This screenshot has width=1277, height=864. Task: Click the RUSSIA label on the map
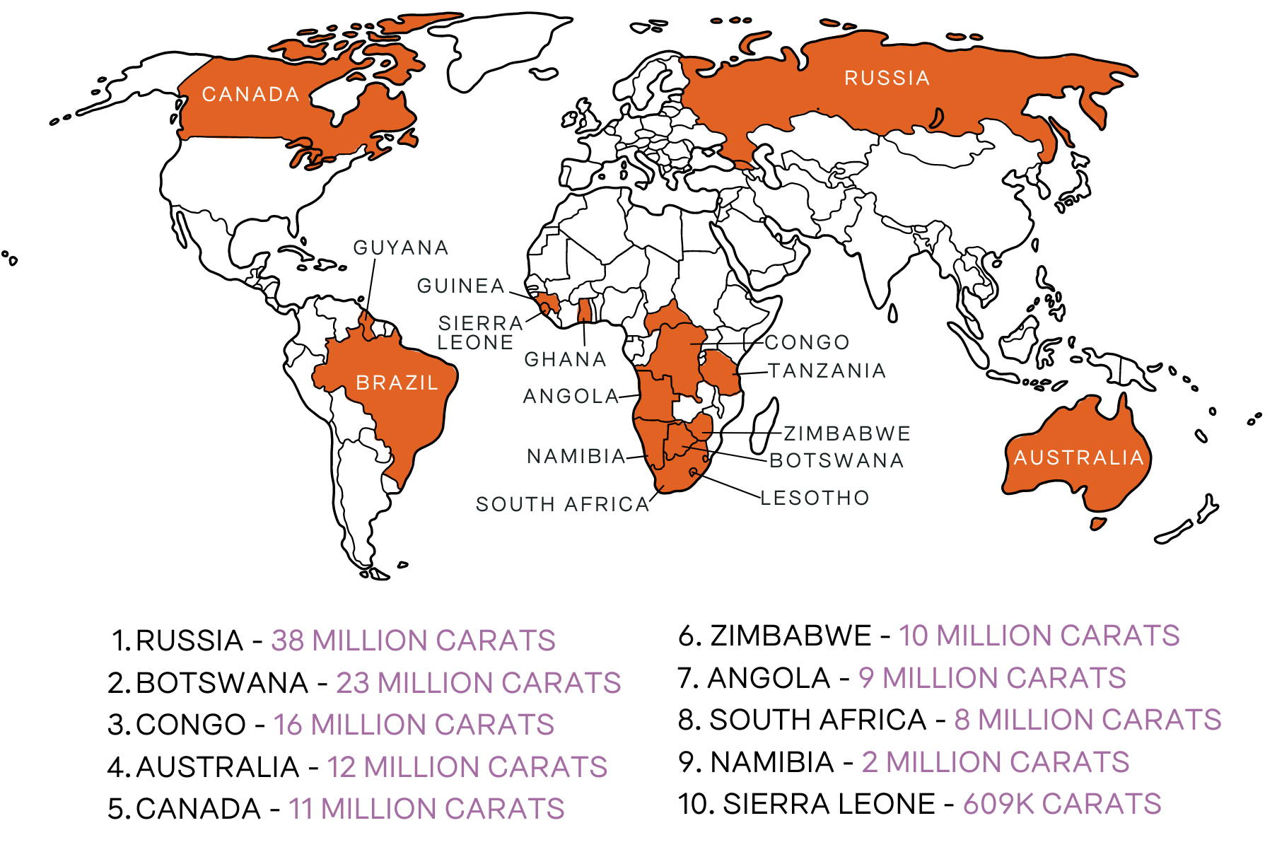coord(887,78)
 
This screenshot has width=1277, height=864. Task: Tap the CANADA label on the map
coord(250,94)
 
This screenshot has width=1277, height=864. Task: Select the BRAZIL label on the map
coord(397,383)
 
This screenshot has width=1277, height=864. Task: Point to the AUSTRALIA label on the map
coord(1078,457)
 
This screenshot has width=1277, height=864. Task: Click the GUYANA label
coord(401,247)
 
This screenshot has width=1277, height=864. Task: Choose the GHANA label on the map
coord(565,359)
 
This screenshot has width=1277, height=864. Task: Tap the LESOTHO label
coord(815,498)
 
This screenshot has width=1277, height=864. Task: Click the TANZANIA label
coord(827,370)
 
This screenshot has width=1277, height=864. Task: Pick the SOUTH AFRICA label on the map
coord(562,504)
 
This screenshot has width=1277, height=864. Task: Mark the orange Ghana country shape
coord(585,310)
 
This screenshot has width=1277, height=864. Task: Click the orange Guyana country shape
coord(366,325)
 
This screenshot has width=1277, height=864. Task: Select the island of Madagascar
coord(764,424)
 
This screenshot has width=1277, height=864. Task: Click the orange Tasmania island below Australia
coord(1097,524)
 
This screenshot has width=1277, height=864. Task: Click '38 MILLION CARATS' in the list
coord(413,641)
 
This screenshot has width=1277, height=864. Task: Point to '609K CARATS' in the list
coord(1061,804)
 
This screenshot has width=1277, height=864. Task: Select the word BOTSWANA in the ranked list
coord(221,683)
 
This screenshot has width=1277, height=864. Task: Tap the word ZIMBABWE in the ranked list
coord(790,636)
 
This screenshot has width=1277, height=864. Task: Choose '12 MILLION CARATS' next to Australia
coord(467,767)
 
